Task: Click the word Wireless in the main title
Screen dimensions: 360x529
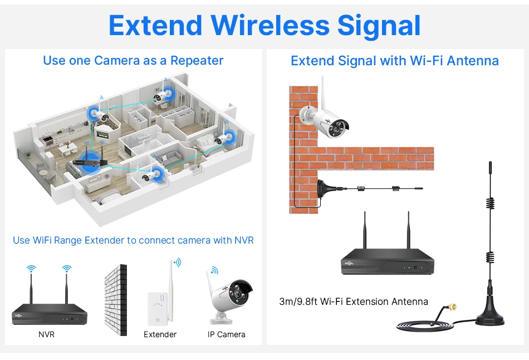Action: [x=270, y=26]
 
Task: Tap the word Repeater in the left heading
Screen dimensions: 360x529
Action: [x=197, y=60]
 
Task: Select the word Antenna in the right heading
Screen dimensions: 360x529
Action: [x=471, y=60]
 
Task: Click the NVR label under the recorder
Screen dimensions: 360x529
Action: [x=46, y=334]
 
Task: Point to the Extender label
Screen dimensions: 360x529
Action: [x=160, y=334]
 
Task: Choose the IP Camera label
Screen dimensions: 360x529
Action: [x=227, y=334]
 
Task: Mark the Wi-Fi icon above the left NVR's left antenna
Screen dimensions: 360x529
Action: [x=31, y=269]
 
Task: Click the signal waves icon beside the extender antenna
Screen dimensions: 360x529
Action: [x=178, y=261]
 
